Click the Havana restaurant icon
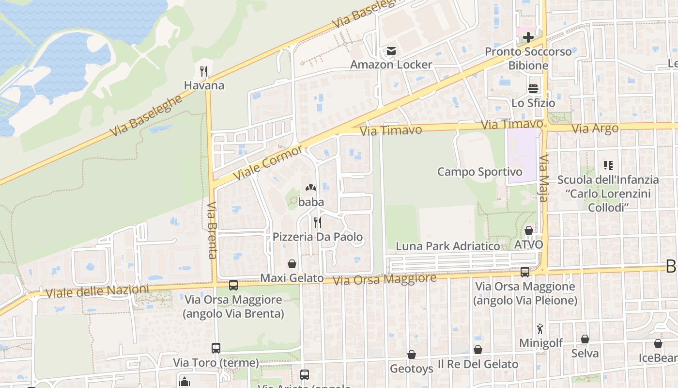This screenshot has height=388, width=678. pos(204,72)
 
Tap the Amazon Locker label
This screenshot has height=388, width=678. pos(391,65)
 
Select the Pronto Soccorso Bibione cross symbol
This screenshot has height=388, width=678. pos(528,37)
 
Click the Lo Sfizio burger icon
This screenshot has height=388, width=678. pos(533,89)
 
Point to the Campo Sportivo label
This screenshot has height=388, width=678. pos(479,172)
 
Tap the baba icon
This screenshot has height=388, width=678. pos(310,188)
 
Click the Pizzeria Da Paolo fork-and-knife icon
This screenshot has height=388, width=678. pos(317,223)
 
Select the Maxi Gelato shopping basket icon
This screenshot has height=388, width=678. pos(292,264)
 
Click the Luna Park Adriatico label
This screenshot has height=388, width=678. pos(448,246)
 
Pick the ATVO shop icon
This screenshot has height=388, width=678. pos(529,230)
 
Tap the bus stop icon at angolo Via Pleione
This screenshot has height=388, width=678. pos(525,272)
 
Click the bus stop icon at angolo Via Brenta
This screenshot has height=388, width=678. pos(233,285)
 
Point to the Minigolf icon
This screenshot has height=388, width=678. pos(540,329)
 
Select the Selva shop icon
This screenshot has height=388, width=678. pos(585,339)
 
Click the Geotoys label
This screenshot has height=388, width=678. pos(412,369)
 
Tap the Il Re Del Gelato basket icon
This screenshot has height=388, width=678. pos(478,350)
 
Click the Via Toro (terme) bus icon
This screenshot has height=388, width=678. pos(216,348)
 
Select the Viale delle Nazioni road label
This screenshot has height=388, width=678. pos(97,291)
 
